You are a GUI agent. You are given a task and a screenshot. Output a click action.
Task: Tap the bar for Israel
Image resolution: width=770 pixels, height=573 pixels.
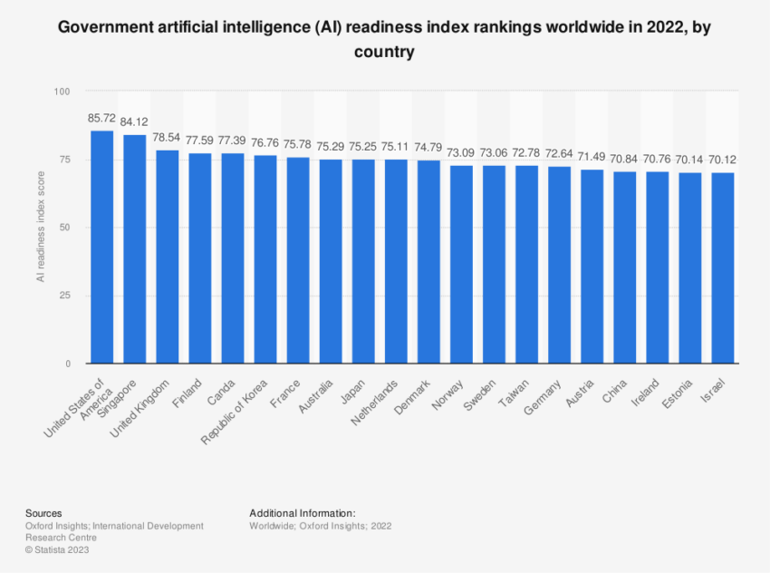[723, 268]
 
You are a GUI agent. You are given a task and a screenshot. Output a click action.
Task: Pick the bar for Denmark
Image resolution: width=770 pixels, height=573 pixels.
[428, 262]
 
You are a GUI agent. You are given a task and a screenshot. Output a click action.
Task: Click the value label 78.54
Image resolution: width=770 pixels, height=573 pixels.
[168, 138]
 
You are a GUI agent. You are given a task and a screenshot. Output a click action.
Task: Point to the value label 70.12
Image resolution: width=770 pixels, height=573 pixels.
[723, 160]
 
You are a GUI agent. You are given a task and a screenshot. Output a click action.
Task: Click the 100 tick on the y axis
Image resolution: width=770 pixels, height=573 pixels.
[62, 92]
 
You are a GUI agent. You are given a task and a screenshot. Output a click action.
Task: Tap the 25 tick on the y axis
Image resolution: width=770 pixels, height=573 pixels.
[64, 296]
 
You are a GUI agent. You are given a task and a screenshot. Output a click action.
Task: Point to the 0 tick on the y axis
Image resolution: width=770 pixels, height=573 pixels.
[67, 364]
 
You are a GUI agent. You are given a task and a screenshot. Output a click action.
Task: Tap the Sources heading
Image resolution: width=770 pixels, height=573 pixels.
[43, 512]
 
